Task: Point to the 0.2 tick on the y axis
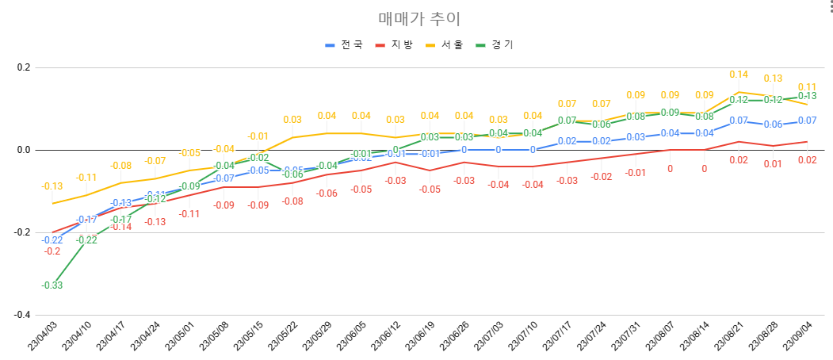coord(22,67)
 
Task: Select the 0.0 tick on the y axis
coord(22,150)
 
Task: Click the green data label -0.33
coord(52,285)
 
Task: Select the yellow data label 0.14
coord(739,75)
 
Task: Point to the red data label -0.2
coord(52,251)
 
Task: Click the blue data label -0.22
coord(52,240)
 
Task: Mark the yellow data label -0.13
coord(52,186)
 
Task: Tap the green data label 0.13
coord(808,96)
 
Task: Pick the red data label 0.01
coord(773,164)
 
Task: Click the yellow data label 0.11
coord(808,86)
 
